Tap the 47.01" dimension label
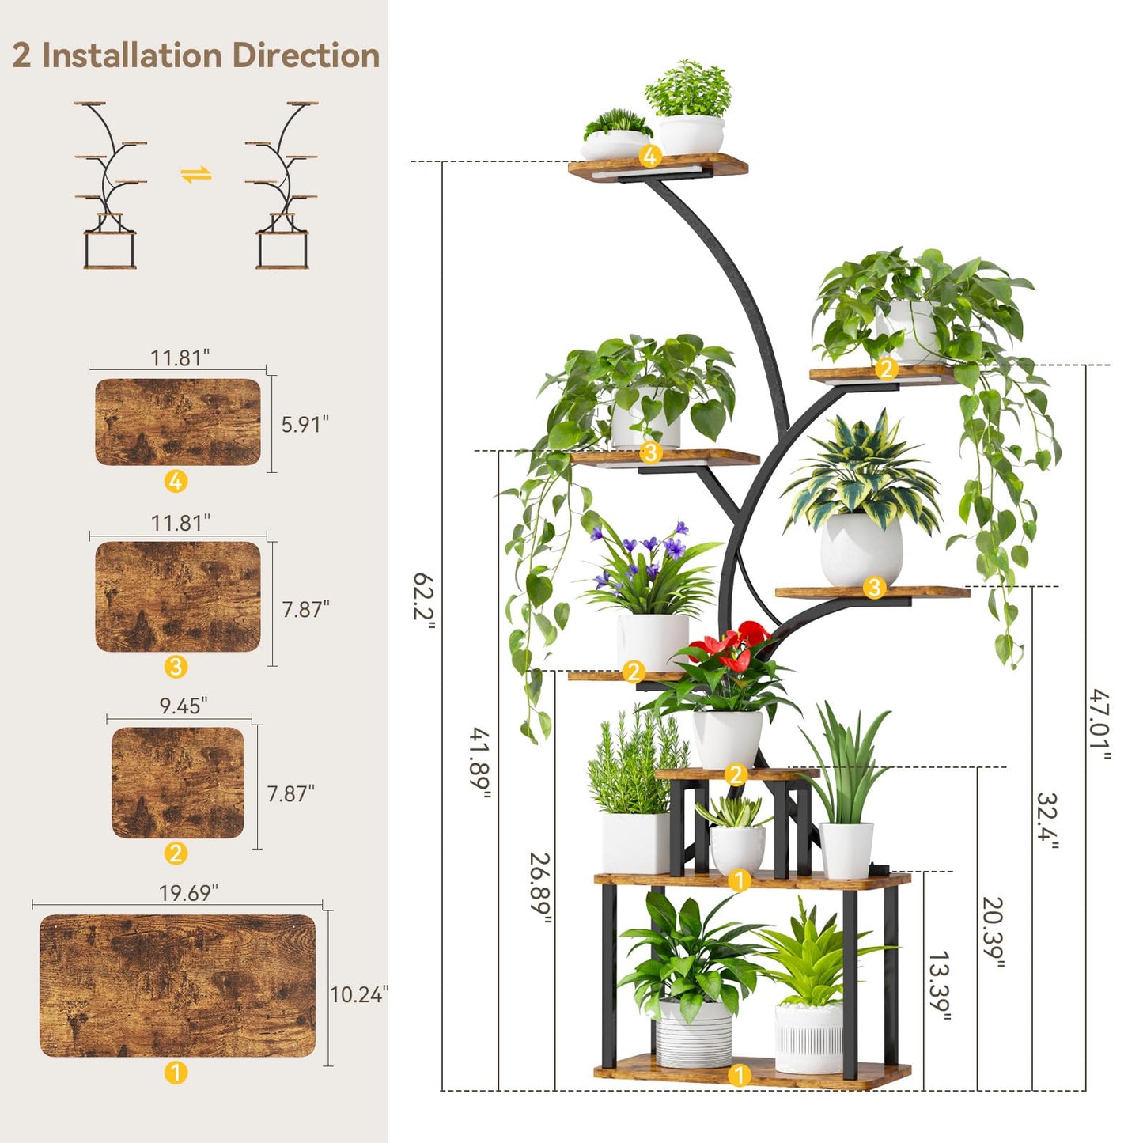tap(1099, 723)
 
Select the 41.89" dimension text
tap(481, 762)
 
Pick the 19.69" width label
tap(188, 893)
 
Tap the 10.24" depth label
tap(359, 994)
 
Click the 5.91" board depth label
tap(305, 424)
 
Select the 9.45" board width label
tap(184, 706)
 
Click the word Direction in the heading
tap(306, 55)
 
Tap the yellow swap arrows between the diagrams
tap(195, 175)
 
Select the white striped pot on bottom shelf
tap(694, 1033)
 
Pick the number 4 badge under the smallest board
tap(176, 481)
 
